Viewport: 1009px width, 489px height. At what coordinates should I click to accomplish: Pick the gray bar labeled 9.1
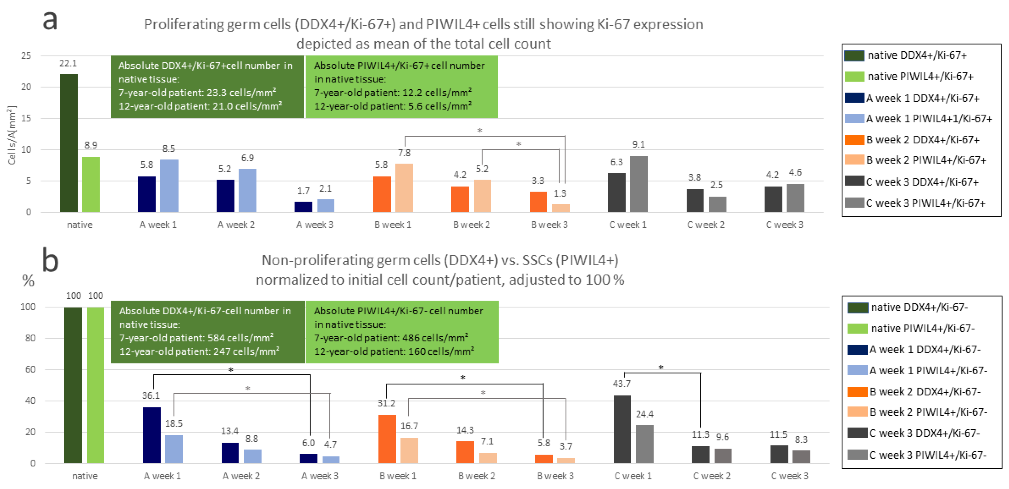point(638,184)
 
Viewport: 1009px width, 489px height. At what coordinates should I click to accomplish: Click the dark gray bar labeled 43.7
point(622,429)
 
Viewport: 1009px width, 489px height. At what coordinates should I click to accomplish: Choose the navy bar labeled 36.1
point(152,435)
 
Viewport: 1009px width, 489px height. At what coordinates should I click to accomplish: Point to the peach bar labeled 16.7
point(409,450)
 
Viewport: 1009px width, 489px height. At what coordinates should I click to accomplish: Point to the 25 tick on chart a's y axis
point(26,56)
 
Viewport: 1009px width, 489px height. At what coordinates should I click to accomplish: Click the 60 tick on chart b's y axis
point(30,369)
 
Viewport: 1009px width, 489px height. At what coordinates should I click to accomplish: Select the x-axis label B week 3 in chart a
point(549,225)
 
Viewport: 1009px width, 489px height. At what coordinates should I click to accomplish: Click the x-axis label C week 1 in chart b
point(633,476)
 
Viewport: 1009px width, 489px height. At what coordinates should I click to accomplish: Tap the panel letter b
point(50,260)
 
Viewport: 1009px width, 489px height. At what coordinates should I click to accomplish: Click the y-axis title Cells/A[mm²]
point(12,135)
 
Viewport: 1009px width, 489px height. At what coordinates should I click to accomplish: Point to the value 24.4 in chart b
point(644,414)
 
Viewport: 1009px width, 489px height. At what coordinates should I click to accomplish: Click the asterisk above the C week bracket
point(661,367)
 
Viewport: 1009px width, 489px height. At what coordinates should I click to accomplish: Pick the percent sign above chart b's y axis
point(28,281)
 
